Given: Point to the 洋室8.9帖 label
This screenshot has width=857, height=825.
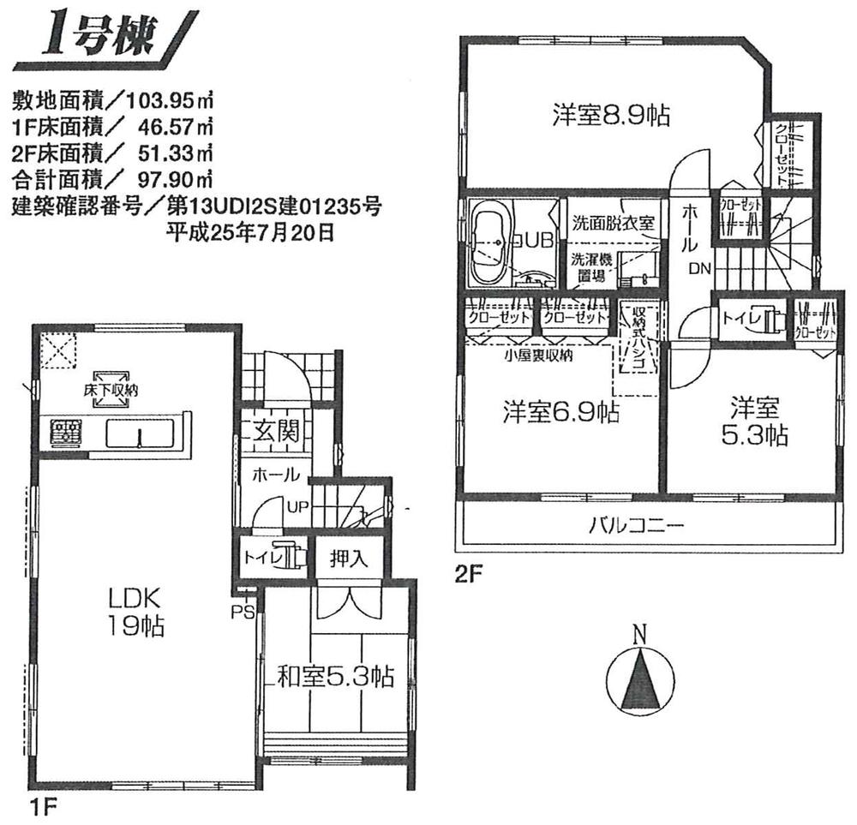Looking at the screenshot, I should (x=611, y=114).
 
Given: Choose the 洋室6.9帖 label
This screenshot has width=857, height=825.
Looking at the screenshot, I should (x=560, y=412).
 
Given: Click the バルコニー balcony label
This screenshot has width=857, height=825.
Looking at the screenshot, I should (x=636, y=525).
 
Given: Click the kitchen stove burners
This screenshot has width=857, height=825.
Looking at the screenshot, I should (x=66, y=433).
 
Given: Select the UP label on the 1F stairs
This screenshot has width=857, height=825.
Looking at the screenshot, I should (x=297, y=506).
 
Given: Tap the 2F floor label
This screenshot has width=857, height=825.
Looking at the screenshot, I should (x=464, y=575).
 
